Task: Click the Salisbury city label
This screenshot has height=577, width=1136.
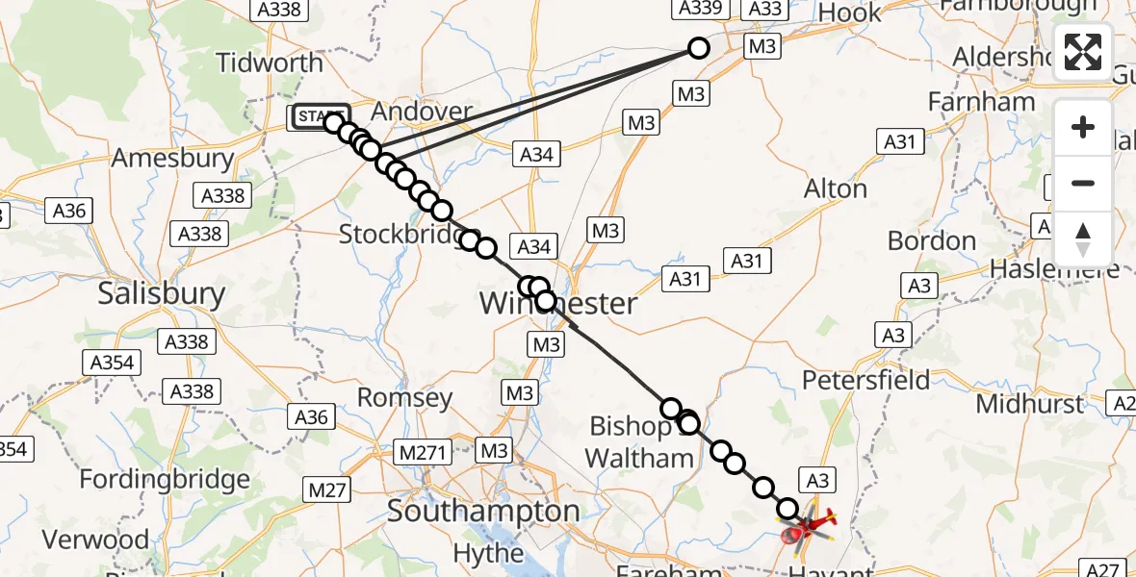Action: coord(162,293)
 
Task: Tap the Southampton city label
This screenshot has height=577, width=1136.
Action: coord(483,512)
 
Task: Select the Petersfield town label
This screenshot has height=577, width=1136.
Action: coord(866,380)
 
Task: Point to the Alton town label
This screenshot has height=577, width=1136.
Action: coord(836,188)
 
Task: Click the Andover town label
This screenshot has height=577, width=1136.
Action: coord(422,113)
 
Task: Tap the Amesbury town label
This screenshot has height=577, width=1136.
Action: coord(173,159)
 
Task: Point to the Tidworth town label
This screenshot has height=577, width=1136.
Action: coord(270,63)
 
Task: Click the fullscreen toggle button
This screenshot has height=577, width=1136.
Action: coord(1083,52)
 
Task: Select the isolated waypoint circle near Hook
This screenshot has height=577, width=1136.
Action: coord(699,48)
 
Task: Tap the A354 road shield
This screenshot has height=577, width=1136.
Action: coord(114,363)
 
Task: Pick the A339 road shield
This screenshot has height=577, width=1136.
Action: coord(698,9)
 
